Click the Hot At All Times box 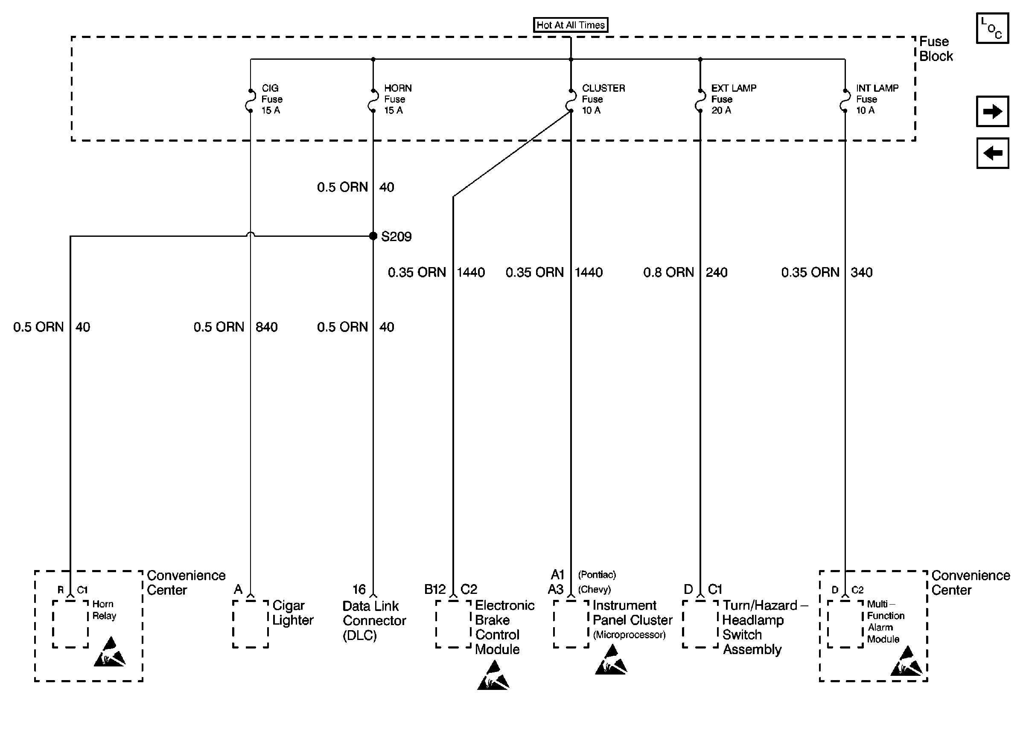point(571,25)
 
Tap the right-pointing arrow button point(992,111)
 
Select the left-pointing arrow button point(992,153)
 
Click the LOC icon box point(992,28)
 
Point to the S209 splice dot point(373,236)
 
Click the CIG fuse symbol point(250,101)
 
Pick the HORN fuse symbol point(373,101)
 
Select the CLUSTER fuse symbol point(571,101)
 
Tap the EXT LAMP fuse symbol point(700,101)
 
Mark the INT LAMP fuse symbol point(845,101)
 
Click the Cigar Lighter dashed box point(251,624)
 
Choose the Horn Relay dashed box point(70,624)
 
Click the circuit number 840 point(266,327)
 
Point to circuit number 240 point(716,272)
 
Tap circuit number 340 point(861,272)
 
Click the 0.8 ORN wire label point(668,272)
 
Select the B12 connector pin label point(434,589)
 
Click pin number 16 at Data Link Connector point(359,589)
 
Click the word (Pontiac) point(597,575)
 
